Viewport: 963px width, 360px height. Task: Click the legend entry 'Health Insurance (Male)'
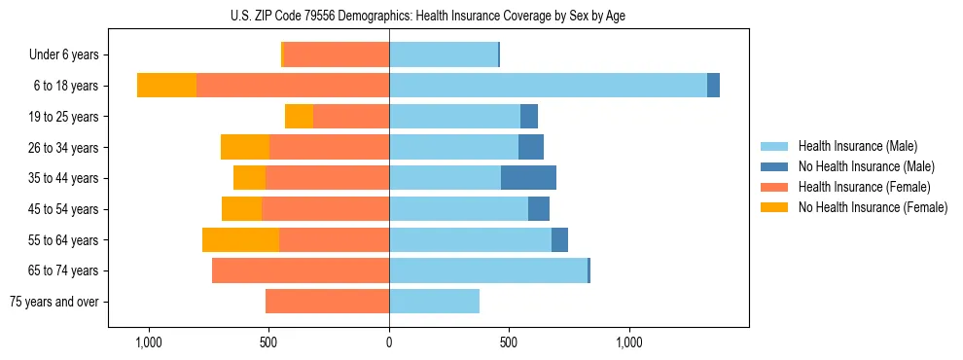coord(856,146)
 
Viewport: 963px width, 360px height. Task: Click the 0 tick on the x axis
coord(389,342)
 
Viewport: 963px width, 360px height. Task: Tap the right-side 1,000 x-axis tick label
coord(629,342)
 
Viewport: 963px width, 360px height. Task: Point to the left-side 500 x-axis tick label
coord(269,342)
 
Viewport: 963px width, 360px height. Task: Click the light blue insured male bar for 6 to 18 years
coord(548,86)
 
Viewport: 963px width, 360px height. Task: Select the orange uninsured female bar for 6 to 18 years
coord(166,86)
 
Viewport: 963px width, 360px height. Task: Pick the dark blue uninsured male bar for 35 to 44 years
coord(528,178)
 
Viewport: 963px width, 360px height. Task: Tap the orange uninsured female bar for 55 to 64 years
coord(240,240)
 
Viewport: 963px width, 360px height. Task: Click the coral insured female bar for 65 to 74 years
coord(301,270)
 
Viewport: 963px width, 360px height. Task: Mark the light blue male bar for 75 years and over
coord(434,302)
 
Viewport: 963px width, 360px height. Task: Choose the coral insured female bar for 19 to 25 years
coord(351,117)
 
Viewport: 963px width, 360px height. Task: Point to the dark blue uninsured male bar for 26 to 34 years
coord(531,148)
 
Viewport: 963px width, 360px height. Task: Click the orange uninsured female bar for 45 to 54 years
coord(241,209)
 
